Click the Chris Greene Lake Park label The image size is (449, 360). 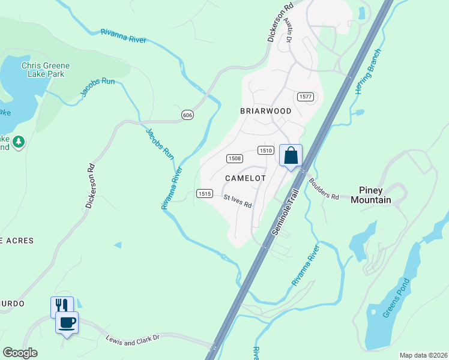(46, 70)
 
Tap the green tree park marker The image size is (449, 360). (19, 142)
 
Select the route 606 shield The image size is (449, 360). (188, 115)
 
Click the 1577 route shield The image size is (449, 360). (306, 96)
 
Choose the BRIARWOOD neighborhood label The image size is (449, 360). (265, 111)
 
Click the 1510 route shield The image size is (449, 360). (266, 151)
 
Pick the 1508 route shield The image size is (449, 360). (234, 158)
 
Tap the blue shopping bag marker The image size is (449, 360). (291, 156)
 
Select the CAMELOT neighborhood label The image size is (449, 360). (245, 178)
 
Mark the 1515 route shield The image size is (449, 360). (204, 193)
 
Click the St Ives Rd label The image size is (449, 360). (237, 200)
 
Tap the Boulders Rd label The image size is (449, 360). (324, 188)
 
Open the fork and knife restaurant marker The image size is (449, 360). (62, 305)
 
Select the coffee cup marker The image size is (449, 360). (67, 322)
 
